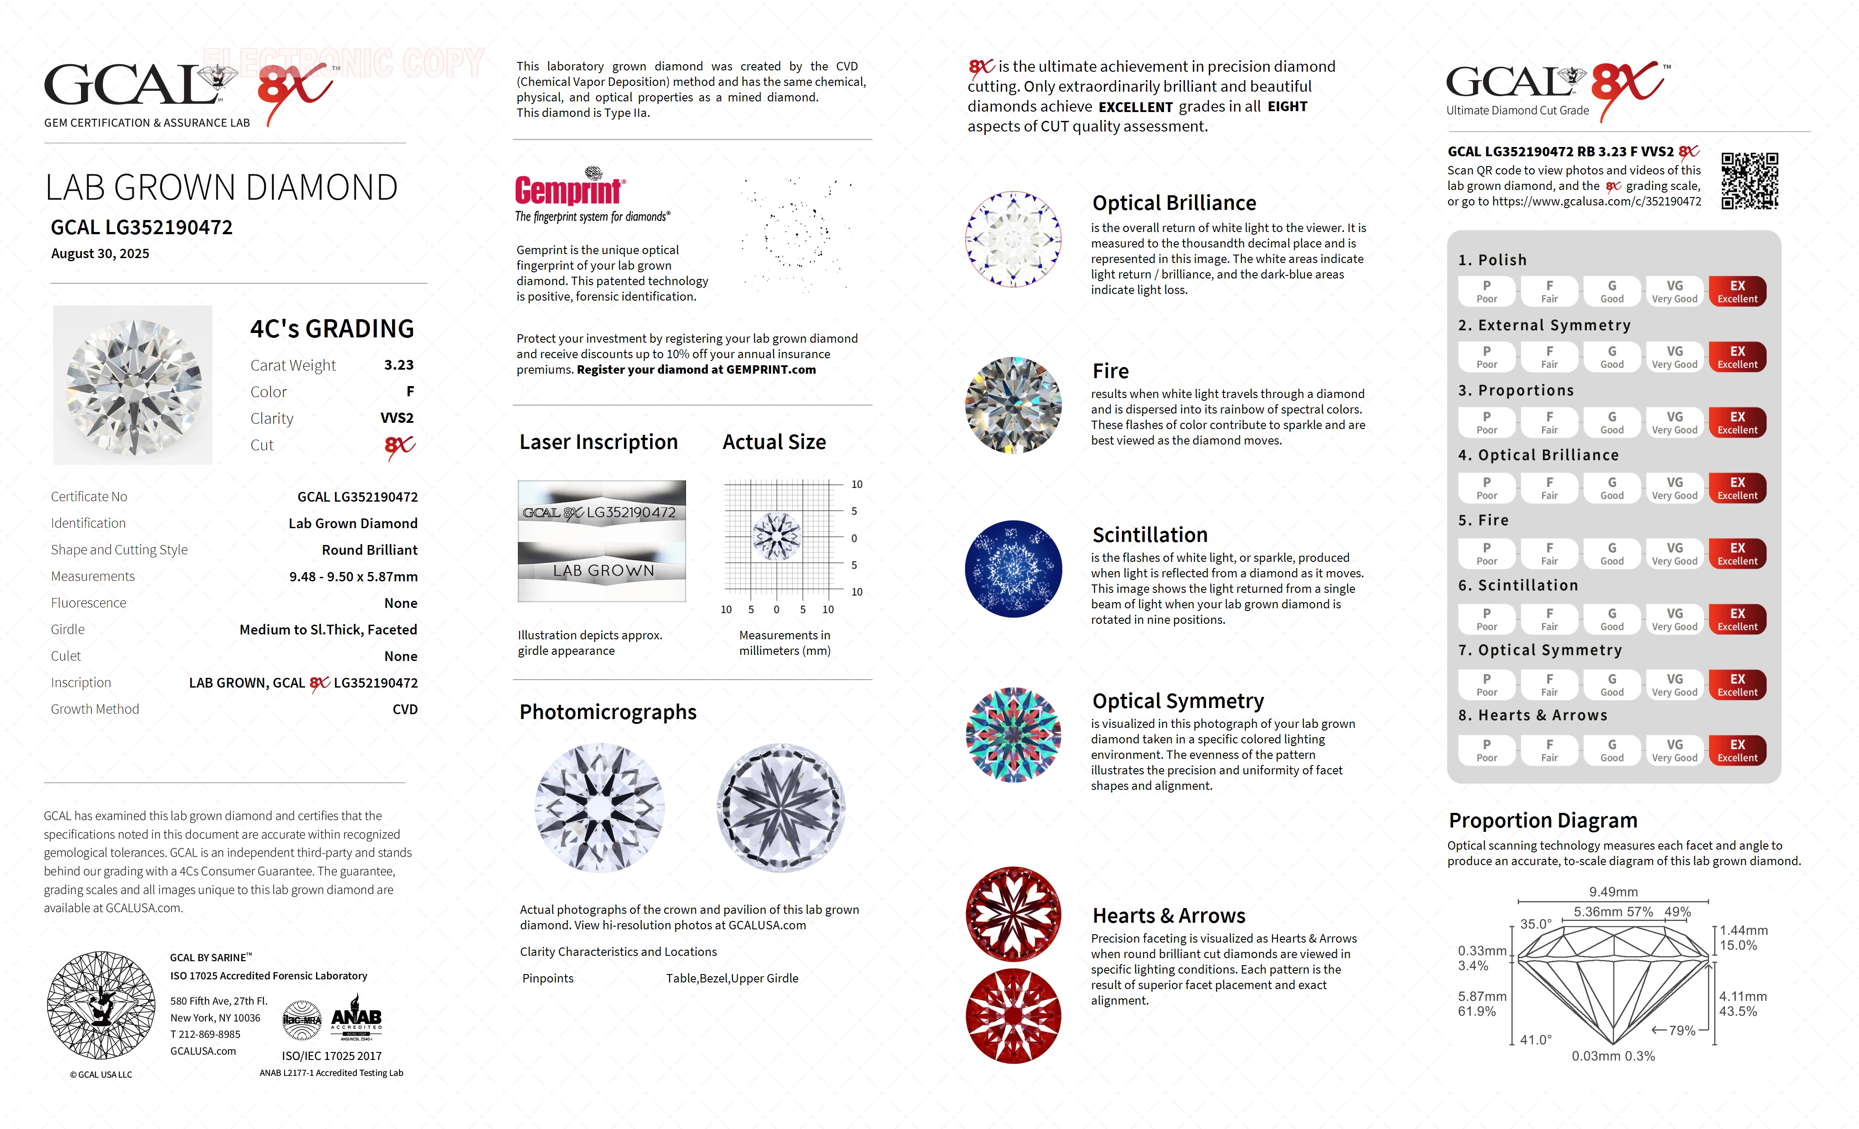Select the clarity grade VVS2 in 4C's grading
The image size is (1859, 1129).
(397, 418)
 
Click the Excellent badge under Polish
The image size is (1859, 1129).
(1737, 291)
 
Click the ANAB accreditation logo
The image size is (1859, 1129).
(356, 1021)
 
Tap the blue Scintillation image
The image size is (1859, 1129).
(1013, 569)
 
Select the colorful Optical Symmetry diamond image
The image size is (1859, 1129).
(1013, 735)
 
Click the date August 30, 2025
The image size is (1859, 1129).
(100, 254)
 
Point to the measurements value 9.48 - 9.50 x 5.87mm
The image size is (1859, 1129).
(353, 576)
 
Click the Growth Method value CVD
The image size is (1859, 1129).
(405, 709)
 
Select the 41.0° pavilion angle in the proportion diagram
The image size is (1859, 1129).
(1535, 1040)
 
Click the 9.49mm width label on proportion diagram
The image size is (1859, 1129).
(1613, 892)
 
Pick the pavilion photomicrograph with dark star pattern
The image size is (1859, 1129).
(781, 808)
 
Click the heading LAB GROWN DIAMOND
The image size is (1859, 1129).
(221, 188)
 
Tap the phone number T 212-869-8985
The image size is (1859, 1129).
(205, 1035)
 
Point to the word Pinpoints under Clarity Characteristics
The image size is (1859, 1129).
(548, 979)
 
